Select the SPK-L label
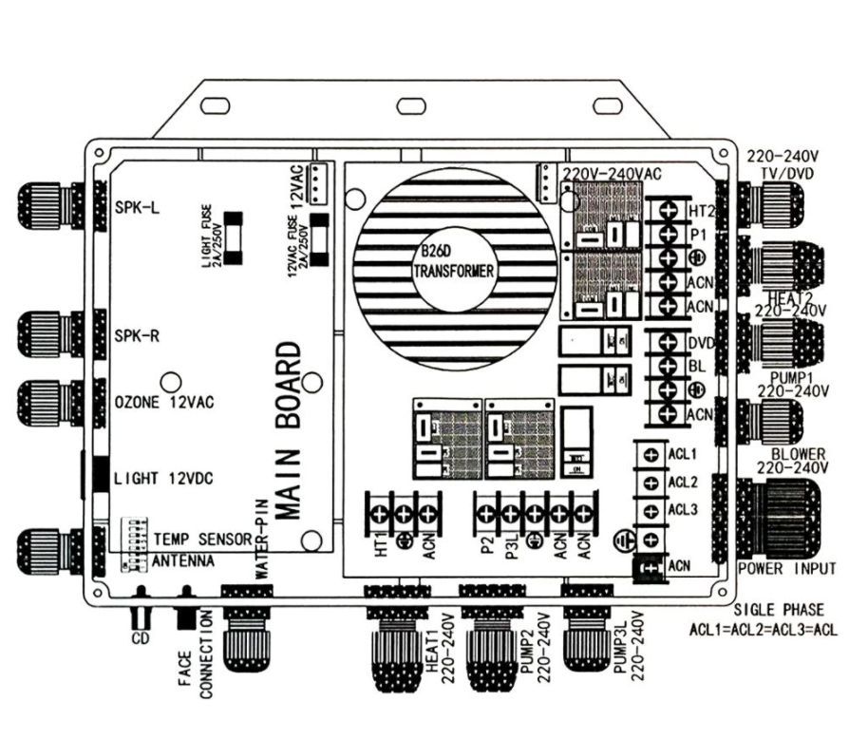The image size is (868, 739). tap(136, 206)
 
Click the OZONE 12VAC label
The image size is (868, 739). tap(164, 402)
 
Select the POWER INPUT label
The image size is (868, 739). tap(787, 569)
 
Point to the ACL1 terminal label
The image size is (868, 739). tap(684, 453)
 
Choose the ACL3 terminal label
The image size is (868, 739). tap(684, 510)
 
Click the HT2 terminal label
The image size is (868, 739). tap(702, 209)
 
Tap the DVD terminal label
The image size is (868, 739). tap(702, 341)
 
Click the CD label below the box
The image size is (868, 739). tap(141, 637)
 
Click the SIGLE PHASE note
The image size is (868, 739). tap(779, 609)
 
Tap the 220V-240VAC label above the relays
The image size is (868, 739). tap(613, 174)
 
